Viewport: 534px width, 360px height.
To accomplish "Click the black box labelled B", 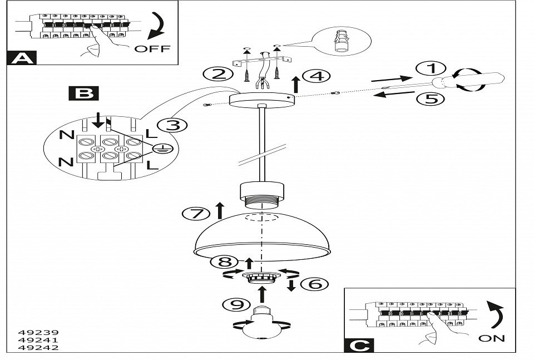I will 84,92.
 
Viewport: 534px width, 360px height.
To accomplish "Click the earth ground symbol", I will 161,148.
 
